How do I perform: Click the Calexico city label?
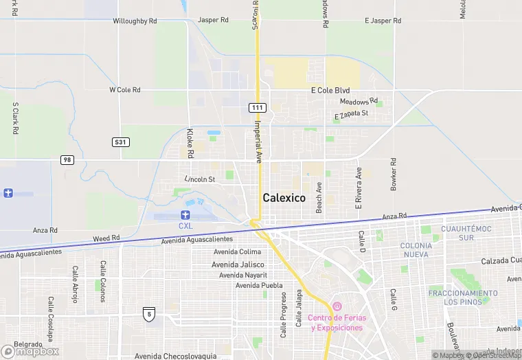click(284, 198)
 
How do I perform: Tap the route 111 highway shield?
click(257, 108)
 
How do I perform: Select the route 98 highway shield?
click(67, 159)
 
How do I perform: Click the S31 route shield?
click(120, 142)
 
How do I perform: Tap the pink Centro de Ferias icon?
click(337, 306)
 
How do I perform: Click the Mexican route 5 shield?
click(148, 314)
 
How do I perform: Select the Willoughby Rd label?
click(135, 21)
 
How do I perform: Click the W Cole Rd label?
click(125, 90)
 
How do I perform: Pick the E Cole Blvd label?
click(330, 91)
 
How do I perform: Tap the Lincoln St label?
click(200, 179)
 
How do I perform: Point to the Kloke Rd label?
click(190, 142)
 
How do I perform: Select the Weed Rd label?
click(106, 238)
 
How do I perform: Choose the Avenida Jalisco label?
click(238, 264)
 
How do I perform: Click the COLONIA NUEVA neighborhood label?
click(416, 250)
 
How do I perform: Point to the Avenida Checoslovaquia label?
click(175, 356)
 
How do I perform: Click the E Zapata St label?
click(351, 115)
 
